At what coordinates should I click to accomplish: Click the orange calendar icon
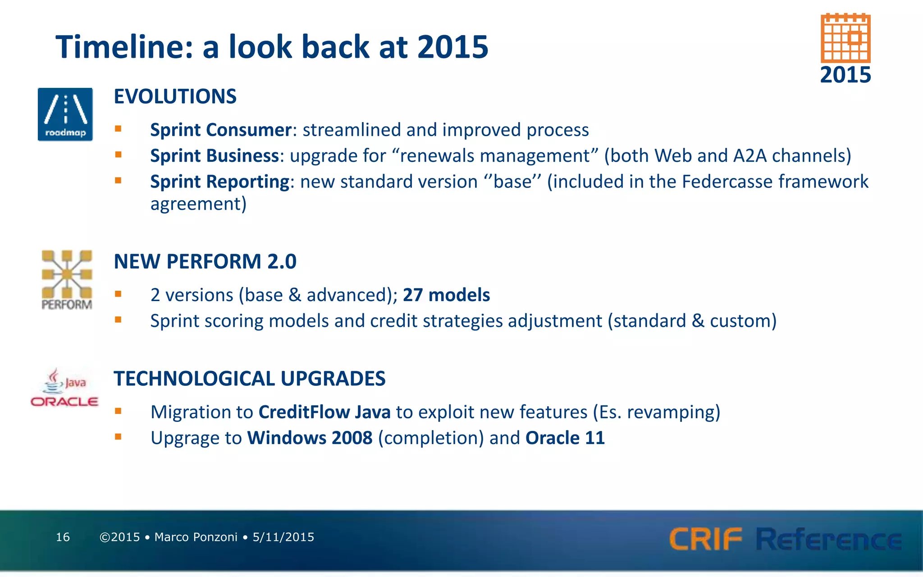[x=845, y=39]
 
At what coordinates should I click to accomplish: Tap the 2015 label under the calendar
[x=845, y=75]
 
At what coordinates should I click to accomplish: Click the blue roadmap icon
[x=65, y=114]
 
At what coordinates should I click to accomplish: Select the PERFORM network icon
[x=67, y=279]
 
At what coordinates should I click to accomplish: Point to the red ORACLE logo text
[x=64, y=402]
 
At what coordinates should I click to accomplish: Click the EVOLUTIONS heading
[x=175, y=96]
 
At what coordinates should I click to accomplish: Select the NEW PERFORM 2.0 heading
[x=205, y=261]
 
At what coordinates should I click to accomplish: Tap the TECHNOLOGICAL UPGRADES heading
[x=249, y=379]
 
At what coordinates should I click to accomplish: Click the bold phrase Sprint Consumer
[x=221, y=130]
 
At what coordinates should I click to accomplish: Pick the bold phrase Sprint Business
[x=215, y=156]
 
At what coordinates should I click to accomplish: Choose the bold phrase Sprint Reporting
[x=219, y=182]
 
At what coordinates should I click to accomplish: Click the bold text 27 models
[x=446, y=295]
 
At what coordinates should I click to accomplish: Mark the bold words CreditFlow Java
[x=324, y=412]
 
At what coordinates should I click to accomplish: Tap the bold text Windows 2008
[x=310, y=438]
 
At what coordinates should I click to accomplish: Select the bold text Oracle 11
[x=565, y=438]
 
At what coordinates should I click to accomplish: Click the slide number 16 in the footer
[x=63, y=537]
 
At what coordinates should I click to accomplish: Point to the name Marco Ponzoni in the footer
[x=196, y=537]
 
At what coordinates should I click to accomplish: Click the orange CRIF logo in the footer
[x=705, y=539]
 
